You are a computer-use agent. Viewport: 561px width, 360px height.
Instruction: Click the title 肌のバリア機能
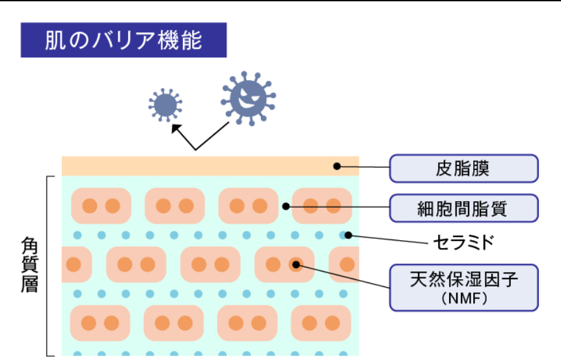click(x=124, y=40)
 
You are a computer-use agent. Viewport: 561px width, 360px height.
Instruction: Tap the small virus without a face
click(x=165, y=105)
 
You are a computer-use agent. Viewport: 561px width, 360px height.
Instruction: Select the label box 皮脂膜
click(x=463, y=169)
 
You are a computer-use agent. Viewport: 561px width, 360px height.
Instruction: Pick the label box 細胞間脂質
click(x=463, y=208)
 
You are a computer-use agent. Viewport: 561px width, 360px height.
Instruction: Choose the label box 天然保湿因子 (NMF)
click(x=463, y=286)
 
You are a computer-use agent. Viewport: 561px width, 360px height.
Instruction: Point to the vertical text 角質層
click(x=29, y=264)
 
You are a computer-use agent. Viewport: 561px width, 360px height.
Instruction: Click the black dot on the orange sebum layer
click(x=337, y=166)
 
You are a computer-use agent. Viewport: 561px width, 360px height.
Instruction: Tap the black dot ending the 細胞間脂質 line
click(x=286, y=207)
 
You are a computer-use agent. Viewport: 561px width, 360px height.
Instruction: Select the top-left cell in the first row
click(x=100, y=206)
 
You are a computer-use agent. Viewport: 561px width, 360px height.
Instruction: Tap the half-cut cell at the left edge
click(x=75, y=264)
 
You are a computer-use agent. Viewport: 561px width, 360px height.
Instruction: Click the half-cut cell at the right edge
click(x=345, y=264)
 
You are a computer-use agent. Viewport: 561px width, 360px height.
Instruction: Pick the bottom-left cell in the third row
click(x=100, y=323)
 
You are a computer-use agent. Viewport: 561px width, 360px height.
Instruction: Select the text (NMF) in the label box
click(x=463, y=299)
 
